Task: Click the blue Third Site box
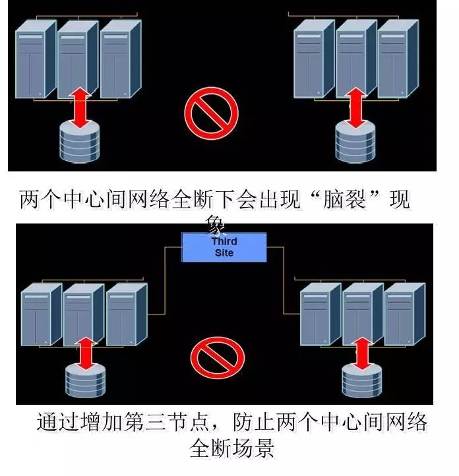pyautogui.click(x=224, y=247)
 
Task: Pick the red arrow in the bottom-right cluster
pyautogui.click(x=361, y=355)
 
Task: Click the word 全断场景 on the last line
pyautogui.click(x=231, y=451)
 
